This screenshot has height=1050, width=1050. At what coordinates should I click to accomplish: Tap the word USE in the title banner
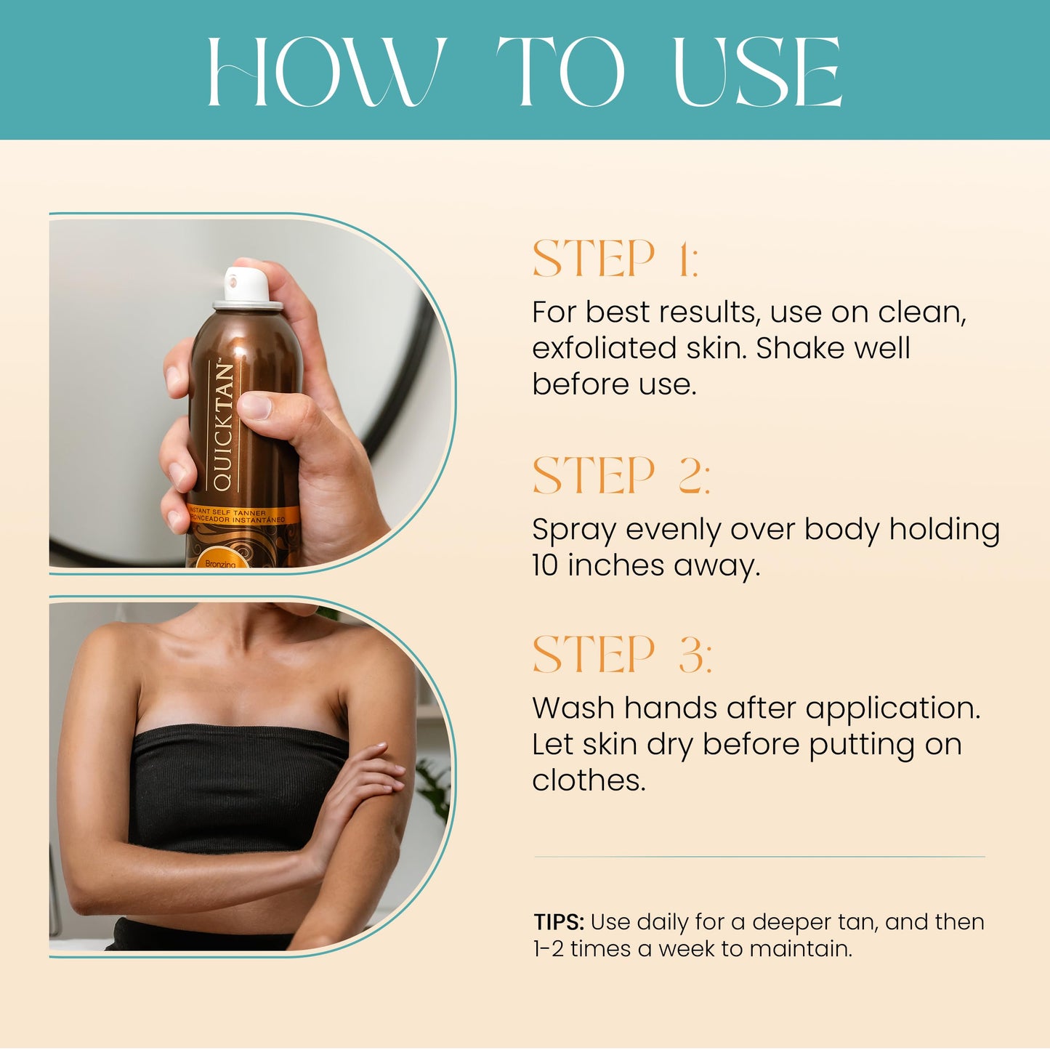click(x=757, y=71)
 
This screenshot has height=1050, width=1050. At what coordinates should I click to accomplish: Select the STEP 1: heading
click(x=615, y=259)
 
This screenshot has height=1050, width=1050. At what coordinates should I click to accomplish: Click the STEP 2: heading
click(x=621, y=476)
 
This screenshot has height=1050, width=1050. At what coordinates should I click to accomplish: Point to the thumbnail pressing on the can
click(x=254, y=405)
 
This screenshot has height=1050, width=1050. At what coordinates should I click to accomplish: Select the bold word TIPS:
click(x=559, y=922)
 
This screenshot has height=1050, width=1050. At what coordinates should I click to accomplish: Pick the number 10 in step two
click(x=545, y=565)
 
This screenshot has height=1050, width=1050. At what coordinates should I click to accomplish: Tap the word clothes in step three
click(x=588, y=780)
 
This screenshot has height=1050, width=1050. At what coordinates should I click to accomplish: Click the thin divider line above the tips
click(x=759, y=857)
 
